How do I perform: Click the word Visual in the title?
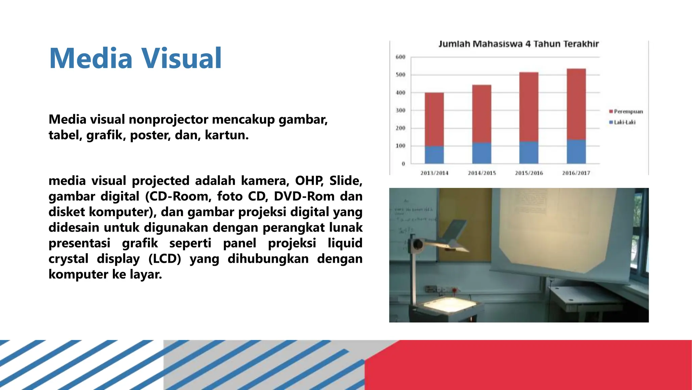coord(181,58)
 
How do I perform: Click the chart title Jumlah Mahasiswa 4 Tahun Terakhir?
coord(518,44)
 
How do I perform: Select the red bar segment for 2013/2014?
coord(434,119)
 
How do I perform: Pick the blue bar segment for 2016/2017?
coord(576,152)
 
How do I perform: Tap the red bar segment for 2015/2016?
coord(529,107)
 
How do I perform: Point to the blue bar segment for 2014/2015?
coord(481,153)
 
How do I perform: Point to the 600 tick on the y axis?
coord(400,57)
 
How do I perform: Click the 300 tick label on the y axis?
coord(400,110)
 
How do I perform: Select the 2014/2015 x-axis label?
coord(482,173)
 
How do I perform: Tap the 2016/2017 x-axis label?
coord(576,173)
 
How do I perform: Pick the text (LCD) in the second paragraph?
coord(165,259)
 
